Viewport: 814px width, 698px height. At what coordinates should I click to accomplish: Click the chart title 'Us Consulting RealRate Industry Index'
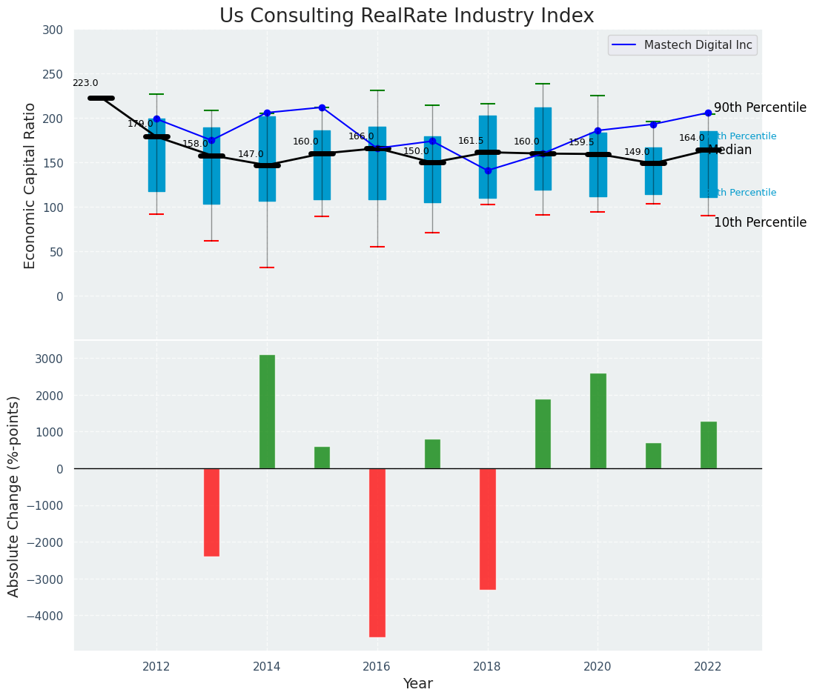pyautogui.click(x=406, y=16)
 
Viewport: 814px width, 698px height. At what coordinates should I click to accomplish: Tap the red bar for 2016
pyautogui.click(x=377, y=552)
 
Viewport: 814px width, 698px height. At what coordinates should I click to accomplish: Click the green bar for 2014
pyautogui.click(x=267, y=411)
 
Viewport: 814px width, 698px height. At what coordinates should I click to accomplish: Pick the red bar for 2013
pyautogui.click(x=211, y=512)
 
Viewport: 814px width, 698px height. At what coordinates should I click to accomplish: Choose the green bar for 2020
pyautogui.click(x=598, y=421)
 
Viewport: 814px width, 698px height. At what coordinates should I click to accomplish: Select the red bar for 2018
pyautogui.click(x=488, y=528)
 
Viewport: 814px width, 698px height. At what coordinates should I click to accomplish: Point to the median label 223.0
pyautogui.click(x=85, y=84)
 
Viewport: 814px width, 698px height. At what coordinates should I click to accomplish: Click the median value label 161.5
pyautogui.click(x=471, y=142)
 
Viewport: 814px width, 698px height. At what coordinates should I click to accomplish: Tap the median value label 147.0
pyautogui.click(x=251, y=155)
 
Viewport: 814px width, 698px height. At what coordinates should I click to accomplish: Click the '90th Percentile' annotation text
pyautogui.click(x=760, y=108)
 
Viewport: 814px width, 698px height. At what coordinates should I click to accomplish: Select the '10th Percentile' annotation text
pyautogui.click(x=760, y=223)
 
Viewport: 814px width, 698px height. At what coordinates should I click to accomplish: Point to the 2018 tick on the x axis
pyautogui.click(x=488, y=666)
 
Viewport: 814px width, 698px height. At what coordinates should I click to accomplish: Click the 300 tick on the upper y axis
pyautogui.click(x=58, y=30)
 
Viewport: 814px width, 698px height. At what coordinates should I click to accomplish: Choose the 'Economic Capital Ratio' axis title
pyautogui.click(x=30, y=185)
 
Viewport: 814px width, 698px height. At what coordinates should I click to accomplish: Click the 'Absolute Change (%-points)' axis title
pyautogui.click(x=14, y=496)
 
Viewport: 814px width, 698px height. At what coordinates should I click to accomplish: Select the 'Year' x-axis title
pyautogui.click(x=418, y=684)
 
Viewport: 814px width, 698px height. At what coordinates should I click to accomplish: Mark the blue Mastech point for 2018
pyautogui.click(x=488, y=170)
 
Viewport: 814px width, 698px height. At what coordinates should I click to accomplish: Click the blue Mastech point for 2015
pyautogui.click(x=322, y=107)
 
